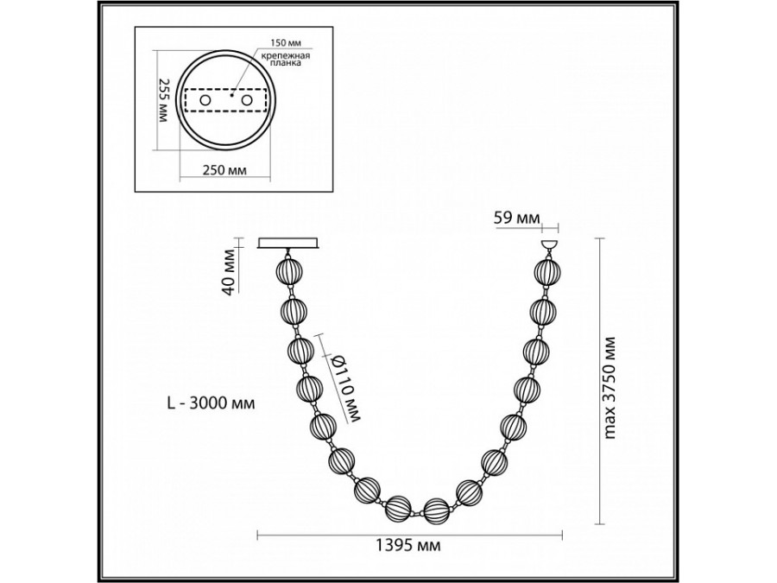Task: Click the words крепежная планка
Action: (x=280, y=60)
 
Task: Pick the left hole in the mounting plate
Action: (x=205, y=101)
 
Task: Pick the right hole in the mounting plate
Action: (x=249, y=101)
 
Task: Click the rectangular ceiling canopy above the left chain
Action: (x=289, y=244)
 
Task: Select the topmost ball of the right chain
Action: (x=546, y=272)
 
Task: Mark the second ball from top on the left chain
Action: (x=294, y=311)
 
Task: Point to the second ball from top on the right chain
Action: (x=542, y=312)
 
